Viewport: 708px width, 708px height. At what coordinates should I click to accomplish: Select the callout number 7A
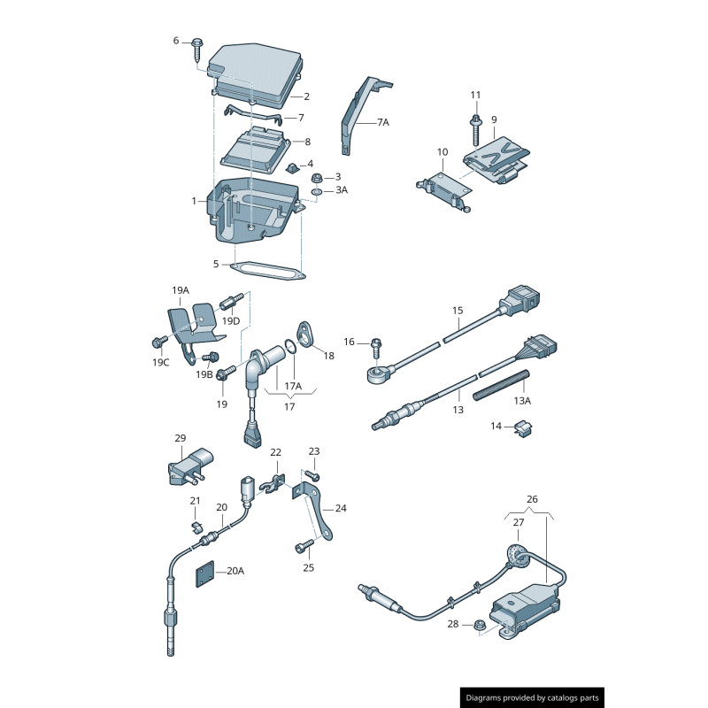click(x=382, y=122)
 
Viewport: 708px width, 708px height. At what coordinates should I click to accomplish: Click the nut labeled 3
click(x=318, y=177)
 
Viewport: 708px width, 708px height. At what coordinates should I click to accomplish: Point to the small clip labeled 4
click(x=291, y=165)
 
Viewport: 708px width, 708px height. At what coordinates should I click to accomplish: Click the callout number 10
click(x=442, y=152)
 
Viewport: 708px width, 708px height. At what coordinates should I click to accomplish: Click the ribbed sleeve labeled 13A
click(x=501, y=385)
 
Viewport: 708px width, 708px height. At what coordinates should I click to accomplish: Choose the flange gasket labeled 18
click(x=306, y=335)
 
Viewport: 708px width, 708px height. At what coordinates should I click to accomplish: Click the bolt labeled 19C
click(x=160, y=341)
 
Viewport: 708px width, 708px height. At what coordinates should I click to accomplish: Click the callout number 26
click(x=532, y=498)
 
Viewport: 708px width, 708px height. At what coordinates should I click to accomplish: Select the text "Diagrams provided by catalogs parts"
click(x=533, y=698)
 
